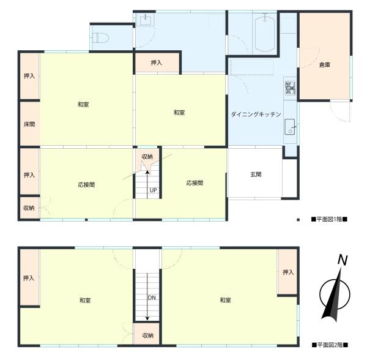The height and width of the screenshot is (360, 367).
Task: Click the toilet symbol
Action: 102,37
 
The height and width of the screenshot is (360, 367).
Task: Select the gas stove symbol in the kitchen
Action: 289,88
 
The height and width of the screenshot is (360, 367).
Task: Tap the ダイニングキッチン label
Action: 256,114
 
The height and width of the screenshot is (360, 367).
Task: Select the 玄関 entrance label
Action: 256,174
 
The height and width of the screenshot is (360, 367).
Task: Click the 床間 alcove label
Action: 29,124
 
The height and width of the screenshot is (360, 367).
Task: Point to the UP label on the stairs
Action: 154,190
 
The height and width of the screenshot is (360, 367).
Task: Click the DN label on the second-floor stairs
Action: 150,298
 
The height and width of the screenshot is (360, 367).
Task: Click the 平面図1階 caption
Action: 329,219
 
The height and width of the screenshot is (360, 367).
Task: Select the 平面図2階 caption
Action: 329,345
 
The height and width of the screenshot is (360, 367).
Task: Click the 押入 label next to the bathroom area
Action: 157,62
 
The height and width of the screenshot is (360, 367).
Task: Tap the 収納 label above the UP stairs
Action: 147,157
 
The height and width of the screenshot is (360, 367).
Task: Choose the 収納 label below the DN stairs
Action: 148,335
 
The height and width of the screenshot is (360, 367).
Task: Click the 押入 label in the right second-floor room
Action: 288,272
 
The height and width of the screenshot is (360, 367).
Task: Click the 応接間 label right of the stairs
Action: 195,183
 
